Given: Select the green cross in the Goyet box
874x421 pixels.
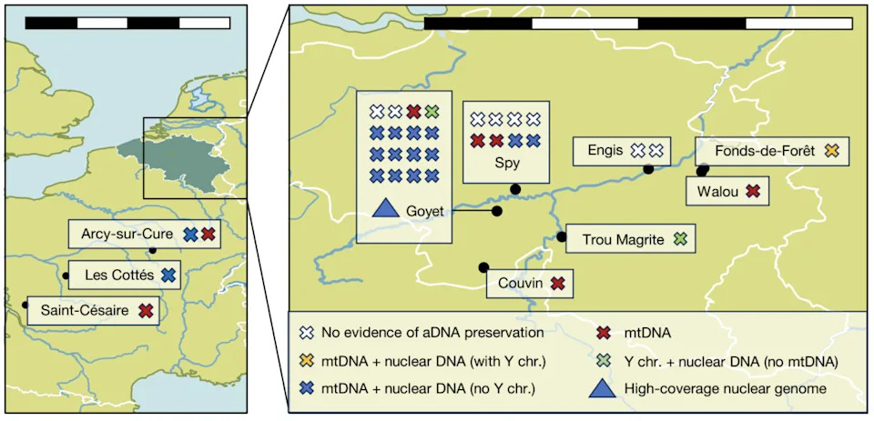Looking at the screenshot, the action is point(431,112).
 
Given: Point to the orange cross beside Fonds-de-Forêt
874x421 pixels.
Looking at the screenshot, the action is point(831,150).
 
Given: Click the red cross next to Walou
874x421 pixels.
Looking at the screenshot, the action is point(753,192).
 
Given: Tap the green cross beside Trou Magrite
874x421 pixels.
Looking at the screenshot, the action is point(680,239).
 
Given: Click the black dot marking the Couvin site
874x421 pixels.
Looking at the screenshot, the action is point(483,268).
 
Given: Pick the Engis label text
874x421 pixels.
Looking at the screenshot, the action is point(605,150).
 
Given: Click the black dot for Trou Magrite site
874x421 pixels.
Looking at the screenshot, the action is point(562,237).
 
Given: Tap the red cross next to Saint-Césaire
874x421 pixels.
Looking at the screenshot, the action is point(146,310).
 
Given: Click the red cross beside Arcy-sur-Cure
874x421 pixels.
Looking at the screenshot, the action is point(208,235).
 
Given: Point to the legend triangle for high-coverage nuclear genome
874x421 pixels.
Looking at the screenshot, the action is point(603,388).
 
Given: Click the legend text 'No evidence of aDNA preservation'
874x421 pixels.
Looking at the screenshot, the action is point(432,334).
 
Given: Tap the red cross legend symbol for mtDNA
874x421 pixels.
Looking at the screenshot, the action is point(603,334).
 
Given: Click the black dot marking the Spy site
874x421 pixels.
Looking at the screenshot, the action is point(515,189).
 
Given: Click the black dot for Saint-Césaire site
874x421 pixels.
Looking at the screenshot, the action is point(25,305).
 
